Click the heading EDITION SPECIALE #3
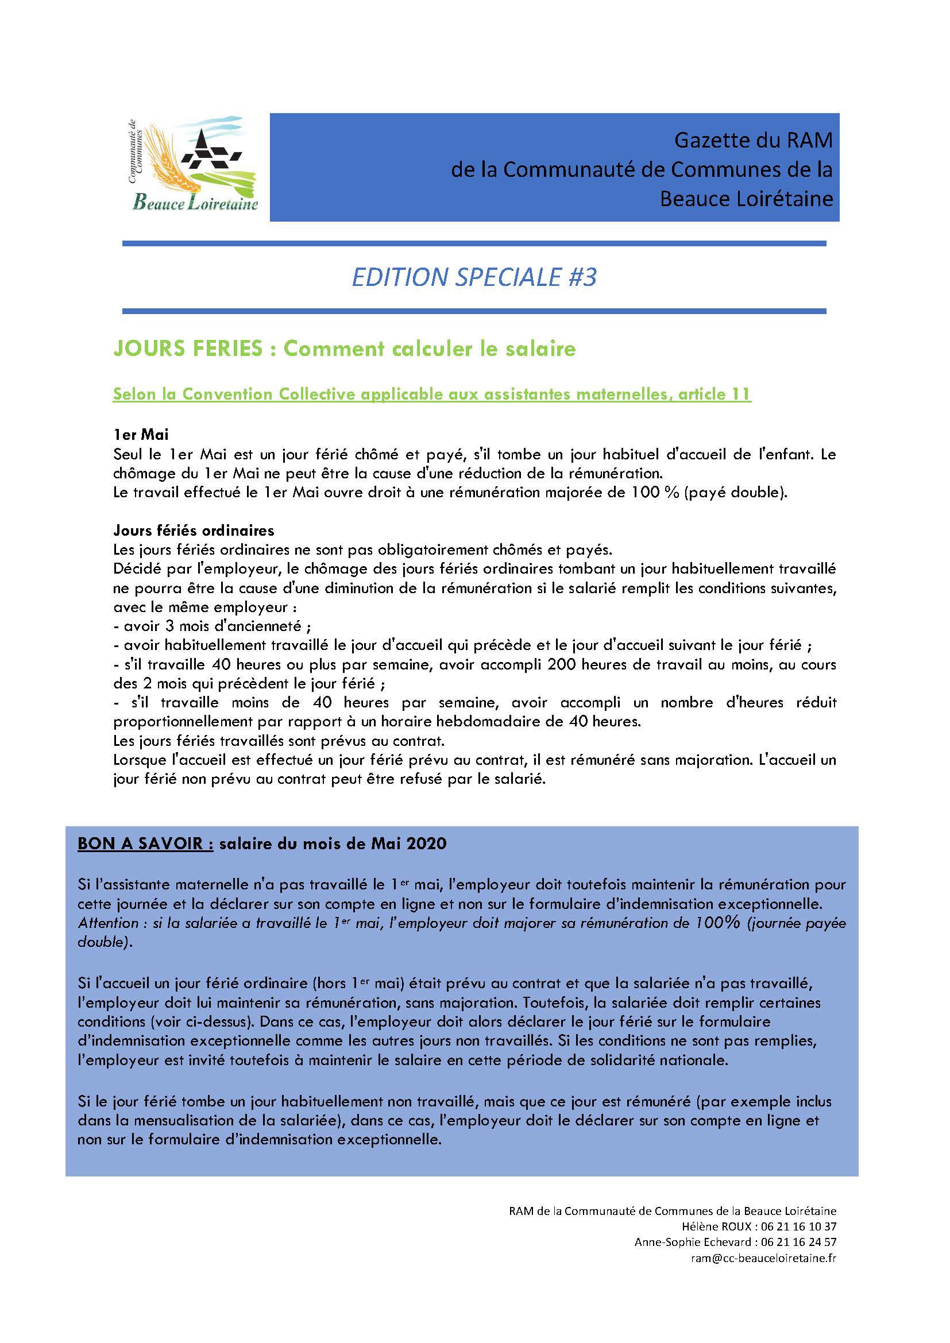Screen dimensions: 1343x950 click(474, 277)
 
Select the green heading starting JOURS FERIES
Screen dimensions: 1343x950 click(345, 349)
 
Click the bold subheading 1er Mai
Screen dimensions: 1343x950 click(141, 434)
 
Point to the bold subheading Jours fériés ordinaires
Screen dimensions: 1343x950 click(194, 531)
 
